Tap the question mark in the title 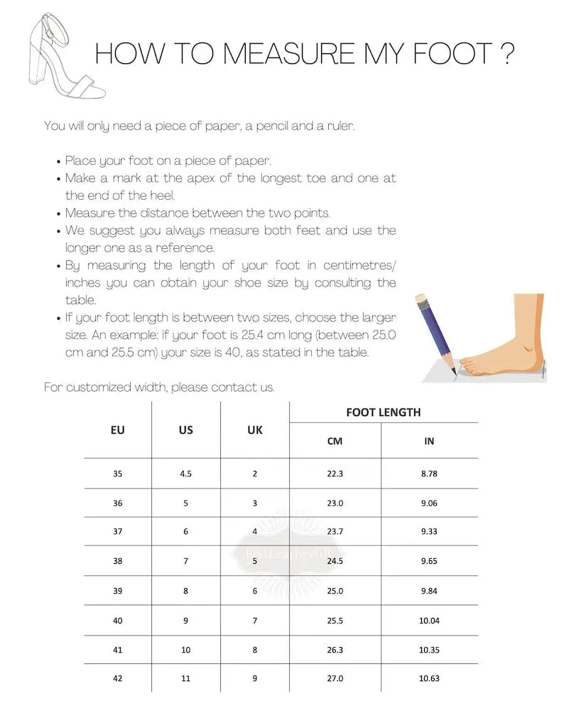pyautogui.click(x=506, y=55)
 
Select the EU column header pyautogui.click(x=118, y=429)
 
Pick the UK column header pyautogui.click(x=255, y=429)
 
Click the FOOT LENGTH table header pyautogui.click(x=383, y=412)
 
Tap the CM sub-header pyautogui.click(x=335, y=441)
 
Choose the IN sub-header pyautogui.click(x=429, y=441)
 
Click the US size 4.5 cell pyautogui.click(x=186, y=474)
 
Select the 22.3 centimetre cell pyautogui.click(x=335, y=474)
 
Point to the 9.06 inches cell pyautogui.click(x=429, y=503)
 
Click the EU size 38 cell pyautogui.click(x=118, y=561)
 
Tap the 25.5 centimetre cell pyautogui.click(x=335, y=620)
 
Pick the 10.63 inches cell pyautogui.click(x=429, y=678)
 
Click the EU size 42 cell pyautogui.click(x=118, y=678)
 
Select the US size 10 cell pyautogui.click(x=186, y=649)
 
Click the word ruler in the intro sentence pyautogui.click(x=337, y=126)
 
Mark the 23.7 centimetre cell pyautogui.click(x=335, y=532)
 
